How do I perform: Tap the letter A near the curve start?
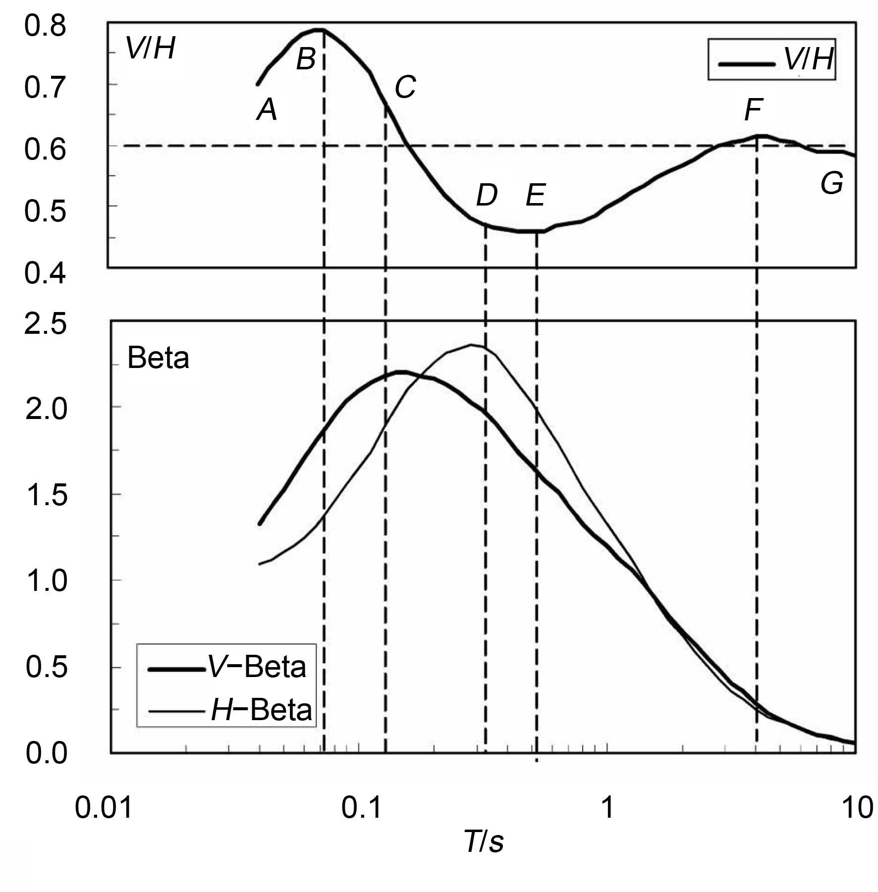267,109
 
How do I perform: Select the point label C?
405,88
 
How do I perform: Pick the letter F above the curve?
753,109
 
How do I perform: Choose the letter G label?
832,184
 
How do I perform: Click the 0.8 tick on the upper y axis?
45,26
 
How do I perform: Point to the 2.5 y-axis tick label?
46,325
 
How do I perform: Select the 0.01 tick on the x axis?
104,808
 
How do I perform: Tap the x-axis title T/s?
484,841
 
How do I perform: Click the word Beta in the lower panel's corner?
158,358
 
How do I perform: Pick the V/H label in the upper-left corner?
150,49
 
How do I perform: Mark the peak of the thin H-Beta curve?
471,345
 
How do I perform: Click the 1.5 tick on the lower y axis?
46,494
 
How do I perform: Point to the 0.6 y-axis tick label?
45,149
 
